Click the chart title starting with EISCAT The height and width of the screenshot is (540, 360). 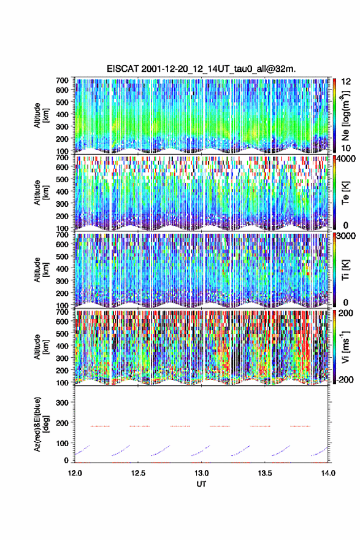[201, 69]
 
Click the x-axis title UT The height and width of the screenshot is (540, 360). [201, 484]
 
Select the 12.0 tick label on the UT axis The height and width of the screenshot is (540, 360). [75, 473]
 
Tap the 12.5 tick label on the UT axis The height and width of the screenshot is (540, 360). [138, 473]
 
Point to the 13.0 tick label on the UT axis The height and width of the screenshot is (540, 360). [201, 473]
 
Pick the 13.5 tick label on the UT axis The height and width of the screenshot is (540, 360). [265, 473]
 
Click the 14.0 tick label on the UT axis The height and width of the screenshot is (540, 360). [328, 473]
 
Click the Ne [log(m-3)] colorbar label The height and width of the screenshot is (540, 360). [346, 115]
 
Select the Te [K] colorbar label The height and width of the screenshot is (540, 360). [345, 193]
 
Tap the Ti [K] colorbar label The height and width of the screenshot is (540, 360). [345, 269]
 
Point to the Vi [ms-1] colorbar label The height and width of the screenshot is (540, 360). [345, 347]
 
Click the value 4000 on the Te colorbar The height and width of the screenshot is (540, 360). [347, 159]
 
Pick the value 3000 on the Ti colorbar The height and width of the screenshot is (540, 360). [347, 236]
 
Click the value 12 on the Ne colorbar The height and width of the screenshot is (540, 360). [347, 82]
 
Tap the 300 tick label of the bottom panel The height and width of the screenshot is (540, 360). [63, 403]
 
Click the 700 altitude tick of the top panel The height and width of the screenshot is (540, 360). [63, 80]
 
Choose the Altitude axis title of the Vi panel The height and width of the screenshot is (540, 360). [40, 347]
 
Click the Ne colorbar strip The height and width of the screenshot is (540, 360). [334, 115]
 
